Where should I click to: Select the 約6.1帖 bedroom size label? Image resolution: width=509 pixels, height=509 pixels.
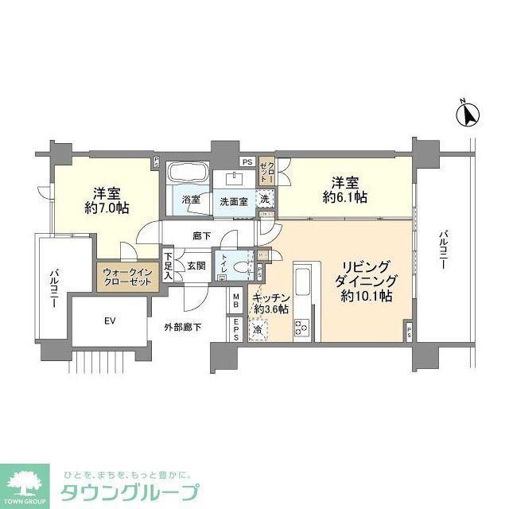(x=344, y=197)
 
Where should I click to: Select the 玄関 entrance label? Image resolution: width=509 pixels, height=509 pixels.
(x=197, y=266)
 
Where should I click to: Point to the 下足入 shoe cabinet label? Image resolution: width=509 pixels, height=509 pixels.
(x=169, y=266)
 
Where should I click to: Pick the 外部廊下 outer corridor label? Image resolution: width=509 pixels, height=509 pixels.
(x=183, y=326)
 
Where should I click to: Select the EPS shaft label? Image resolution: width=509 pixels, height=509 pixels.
(x=237, y=328)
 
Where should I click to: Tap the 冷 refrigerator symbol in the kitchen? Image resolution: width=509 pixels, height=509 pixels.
(x=258, y=329)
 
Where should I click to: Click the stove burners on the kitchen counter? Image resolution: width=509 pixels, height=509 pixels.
(x=302, y=327)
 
